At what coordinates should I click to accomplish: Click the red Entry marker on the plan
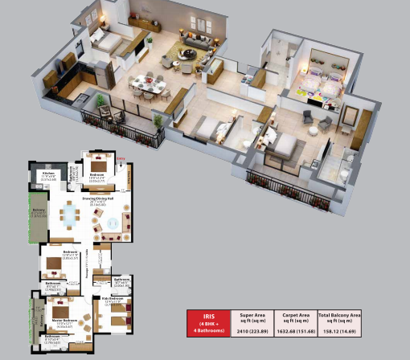tap(121, 168)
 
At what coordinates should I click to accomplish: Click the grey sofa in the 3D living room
tap(197, 40)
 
